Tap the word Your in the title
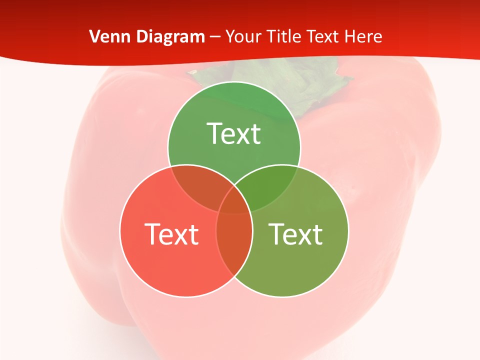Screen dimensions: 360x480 pos(244,36)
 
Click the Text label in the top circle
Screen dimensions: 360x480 pos(234,133)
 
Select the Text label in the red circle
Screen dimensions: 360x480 pos(171,234)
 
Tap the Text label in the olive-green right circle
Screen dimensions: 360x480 pos(296,234)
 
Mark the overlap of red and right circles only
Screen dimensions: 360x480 pos(234,245)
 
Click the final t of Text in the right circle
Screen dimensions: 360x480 pos(317,234)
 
